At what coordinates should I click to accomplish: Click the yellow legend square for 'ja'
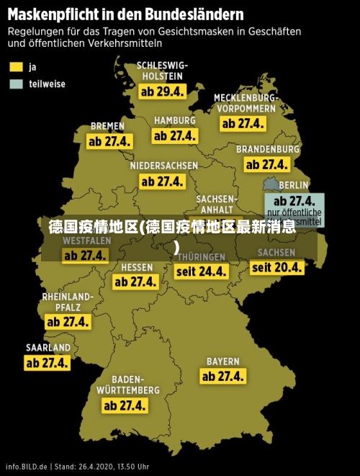[x=16, y=66]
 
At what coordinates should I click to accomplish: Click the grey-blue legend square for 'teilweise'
[x=16, y=84]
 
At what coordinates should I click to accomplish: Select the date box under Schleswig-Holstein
[x=162, y=92]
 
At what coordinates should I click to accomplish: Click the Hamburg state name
[x=174, y=120]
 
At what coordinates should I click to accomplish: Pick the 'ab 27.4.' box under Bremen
[x=109, y=141]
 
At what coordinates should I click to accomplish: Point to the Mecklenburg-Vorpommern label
[x=245, y=102]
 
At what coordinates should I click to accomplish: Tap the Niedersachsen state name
[x=163, y=166]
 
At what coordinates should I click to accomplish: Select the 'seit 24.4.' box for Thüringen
[x=202, y=271]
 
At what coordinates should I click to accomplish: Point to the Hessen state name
[x=137, y=267]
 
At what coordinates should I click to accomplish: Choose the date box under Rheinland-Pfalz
[x=68, y=322]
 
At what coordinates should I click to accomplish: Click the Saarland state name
[x=48, y=348]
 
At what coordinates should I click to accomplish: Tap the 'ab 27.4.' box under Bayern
[x=223, y=376]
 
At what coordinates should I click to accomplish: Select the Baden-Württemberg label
[x=128, y=385]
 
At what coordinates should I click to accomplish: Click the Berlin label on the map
[x=293, y=185]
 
